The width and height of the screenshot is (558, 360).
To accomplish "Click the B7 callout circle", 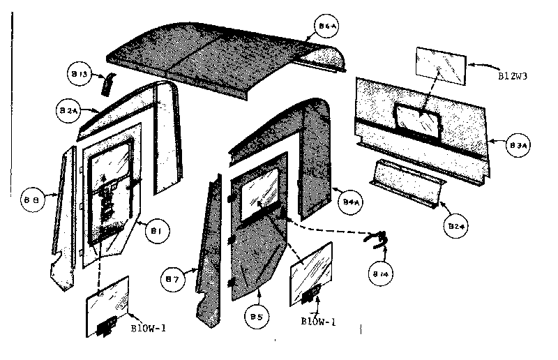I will (x=176, y=280).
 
